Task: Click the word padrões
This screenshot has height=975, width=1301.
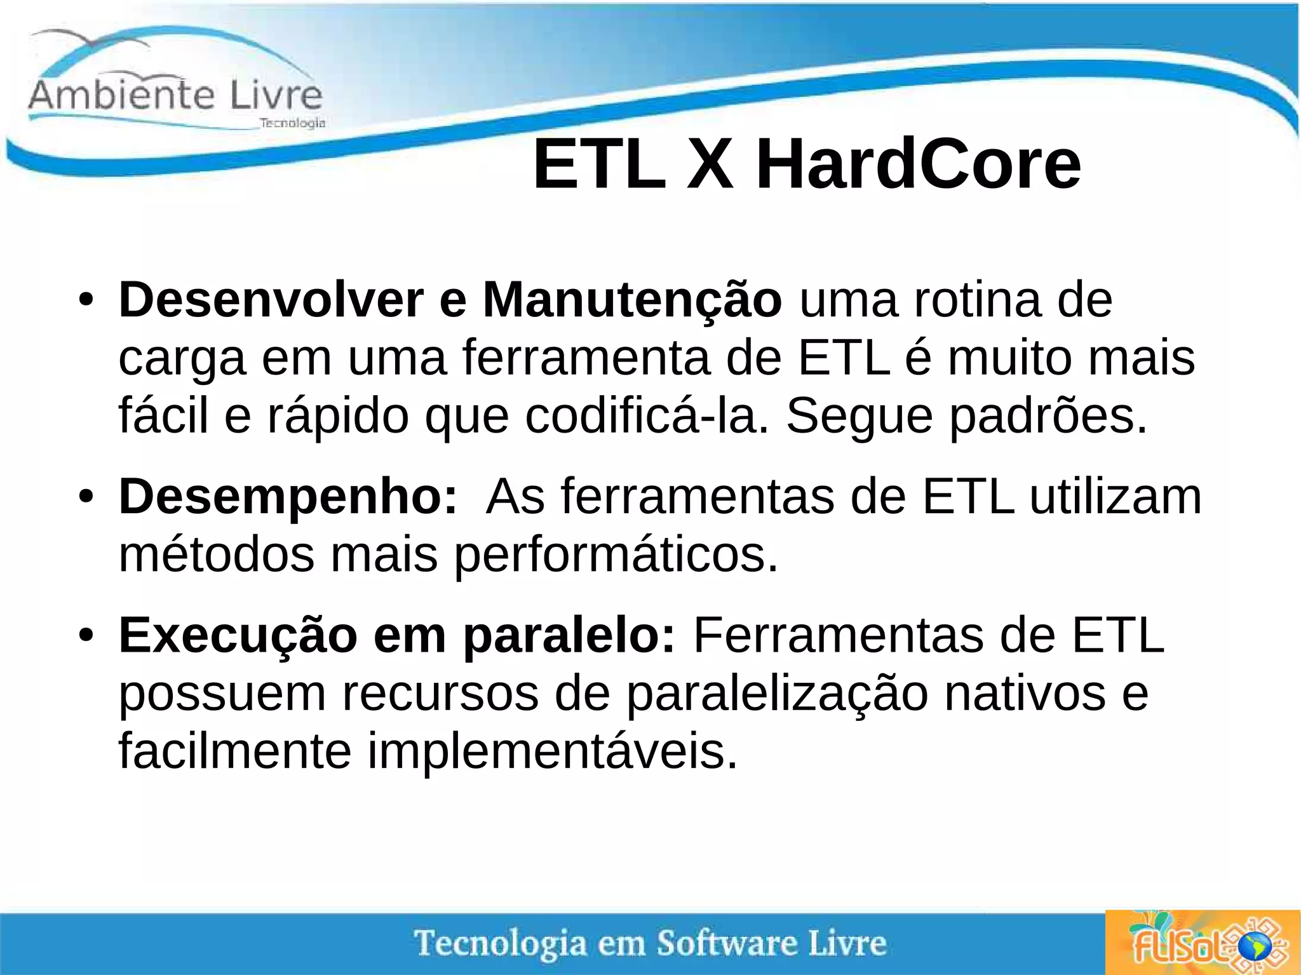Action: click(1049, 416)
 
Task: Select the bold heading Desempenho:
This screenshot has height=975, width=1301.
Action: click(288, 497)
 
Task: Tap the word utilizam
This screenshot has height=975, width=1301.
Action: click(1116, 497)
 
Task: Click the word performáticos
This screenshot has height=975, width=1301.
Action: click(616, 555)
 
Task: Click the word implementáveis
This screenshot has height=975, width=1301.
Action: click(553, 751)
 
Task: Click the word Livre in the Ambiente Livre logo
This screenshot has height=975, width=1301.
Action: click(276, 95)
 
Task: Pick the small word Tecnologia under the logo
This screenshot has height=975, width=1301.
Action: click(293, 123)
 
